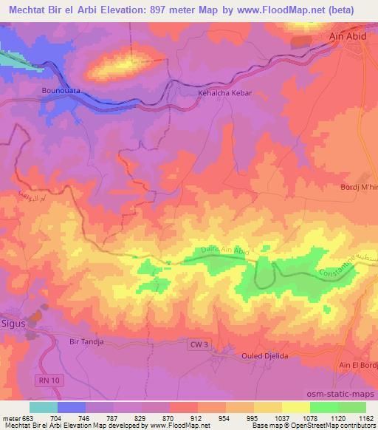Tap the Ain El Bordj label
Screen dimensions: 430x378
(357, 366)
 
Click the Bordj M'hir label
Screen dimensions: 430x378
(359, 187)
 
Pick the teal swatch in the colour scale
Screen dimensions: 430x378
(44, 406)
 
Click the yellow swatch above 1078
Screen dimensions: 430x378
(296, 406)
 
